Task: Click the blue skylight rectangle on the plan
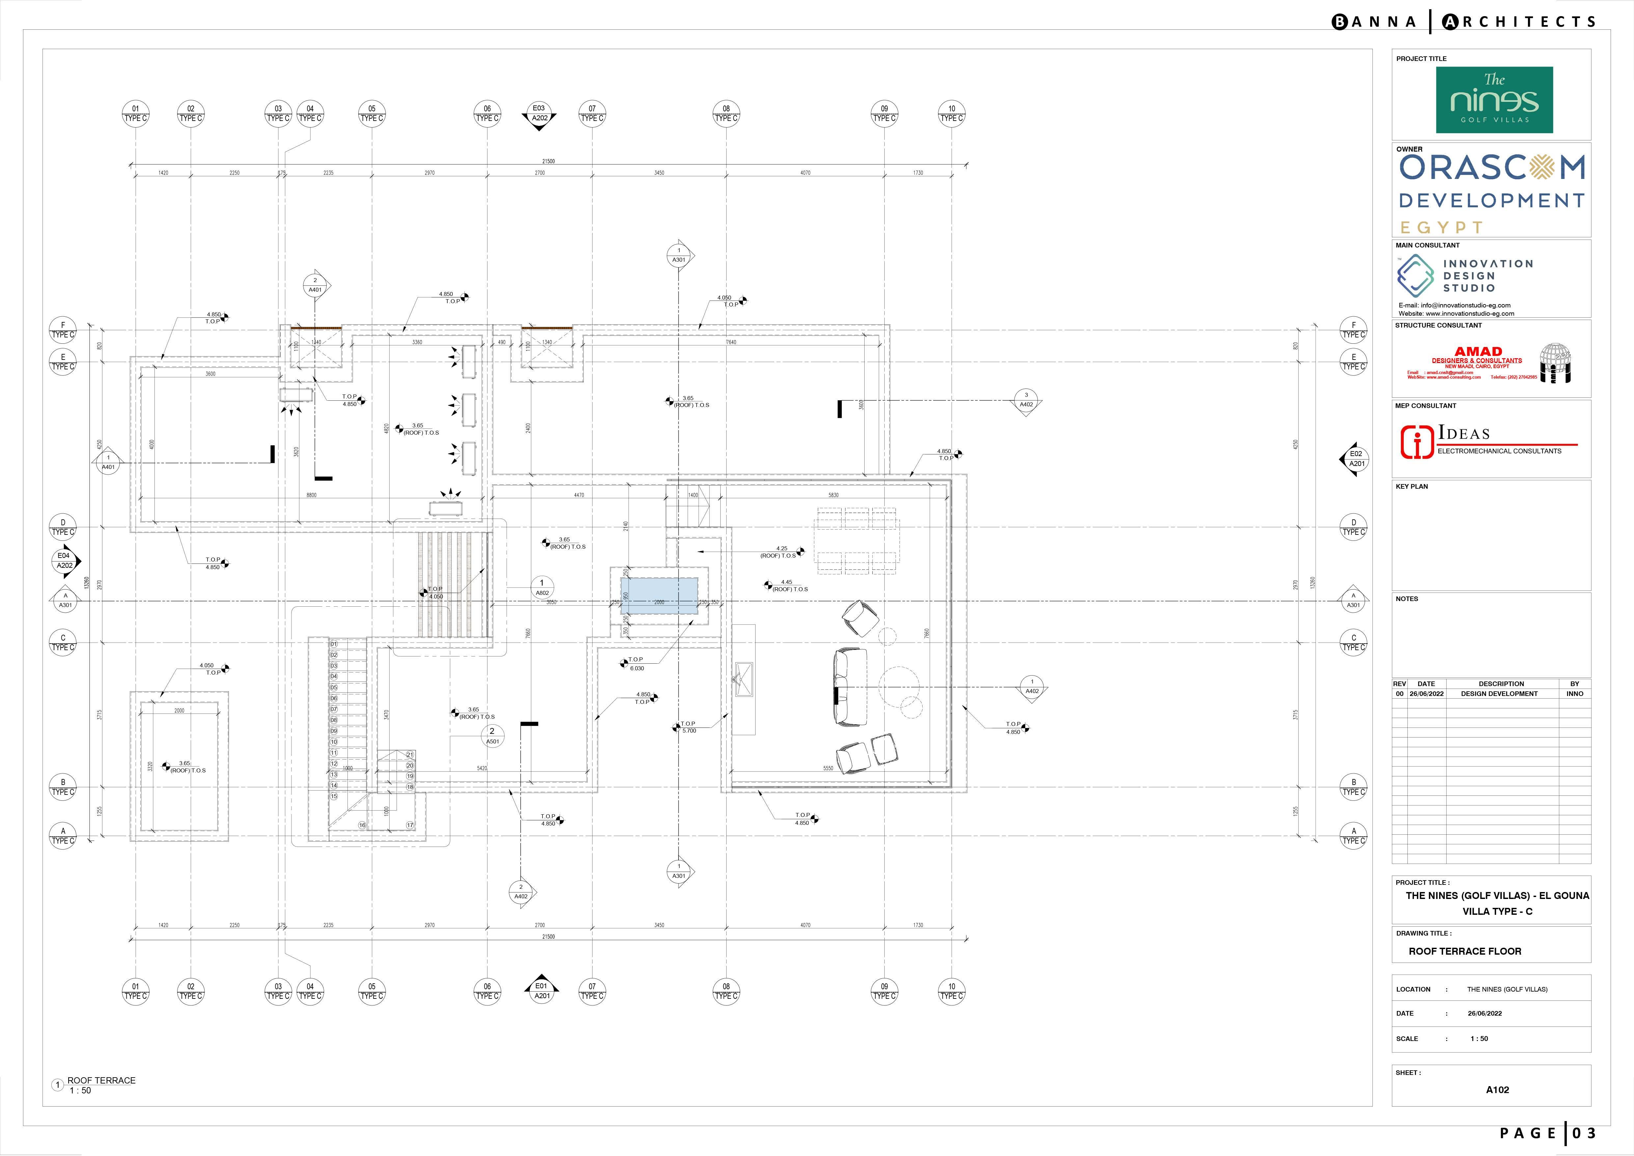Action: click(659, 596)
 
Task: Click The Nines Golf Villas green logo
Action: click(1494, 101)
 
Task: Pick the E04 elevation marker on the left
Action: click(65, 560)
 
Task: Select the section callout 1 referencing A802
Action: click(541, 587)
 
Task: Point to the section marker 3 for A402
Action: click(1026, 400)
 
